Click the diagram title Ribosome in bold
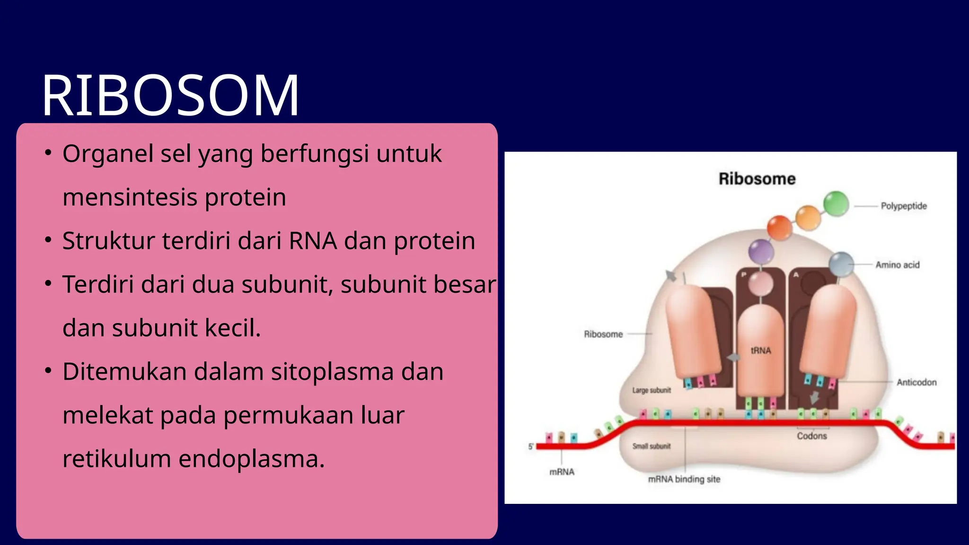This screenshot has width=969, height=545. (757, 179)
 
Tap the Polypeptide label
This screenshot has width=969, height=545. (903, 206)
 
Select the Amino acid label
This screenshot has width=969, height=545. (897, 265)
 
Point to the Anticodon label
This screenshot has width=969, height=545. (916, 382)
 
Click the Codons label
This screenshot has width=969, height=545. (811, 436)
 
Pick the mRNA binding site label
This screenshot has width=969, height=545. (684, 479)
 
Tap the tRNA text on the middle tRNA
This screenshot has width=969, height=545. (760, 351)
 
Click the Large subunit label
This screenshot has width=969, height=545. (652, 390)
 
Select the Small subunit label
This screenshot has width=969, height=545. (652, 446)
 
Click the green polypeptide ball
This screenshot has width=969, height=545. (836, 204)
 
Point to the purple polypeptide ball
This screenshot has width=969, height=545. (761, 251)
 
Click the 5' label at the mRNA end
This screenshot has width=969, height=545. (531, 446)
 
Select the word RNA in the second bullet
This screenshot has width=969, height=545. (313, 241)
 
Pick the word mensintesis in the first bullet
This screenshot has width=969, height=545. (130, 197)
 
